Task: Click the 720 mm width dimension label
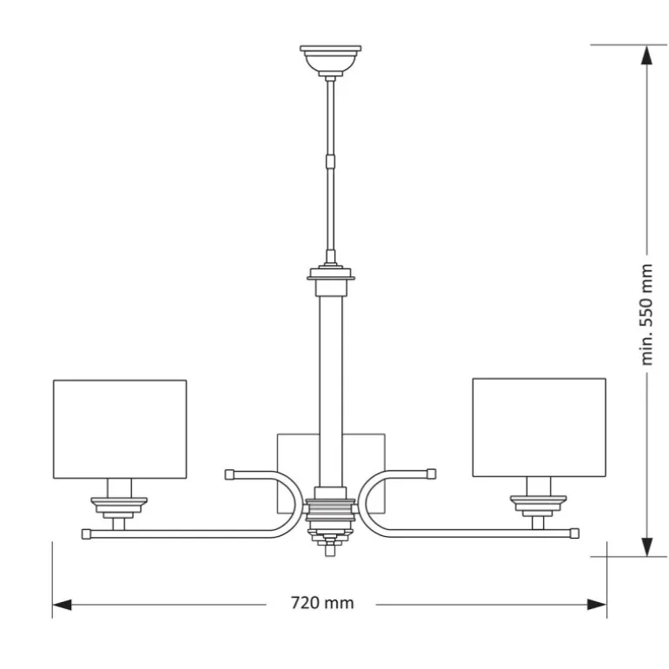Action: pyautogui.click(x=321, y=603)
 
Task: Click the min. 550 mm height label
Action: pyautogui.click(x=646, y=314)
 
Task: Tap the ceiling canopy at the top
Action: pyautogui.click(x=331, y=59)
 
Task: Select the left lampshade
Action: pyautogui.click(x=120, y=428)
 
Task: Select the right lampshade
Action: pyautogui.click(x=539, y=427)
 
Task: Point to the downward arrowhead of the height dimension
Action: pyautogui.click(x=646, y=546)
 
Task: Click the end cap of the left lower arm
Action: pyautogui.click(x=87, y=533)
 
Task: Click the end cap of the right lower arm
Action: pyautogui.click(x=573, y=532)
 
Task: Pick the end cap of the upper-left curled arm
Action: pyautogui.click(x=230, y=474)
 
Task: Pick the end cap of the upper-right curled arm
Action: pyautogui.click(x=429, y=474)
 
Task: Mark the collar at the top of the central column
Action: pyautogui.click(x=331, y=279)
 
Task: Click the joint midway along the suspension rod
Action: pyautogui.click(x=330, y=160)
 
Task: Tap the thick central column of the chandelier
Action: pyautogui.click(x=330, y=382)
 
